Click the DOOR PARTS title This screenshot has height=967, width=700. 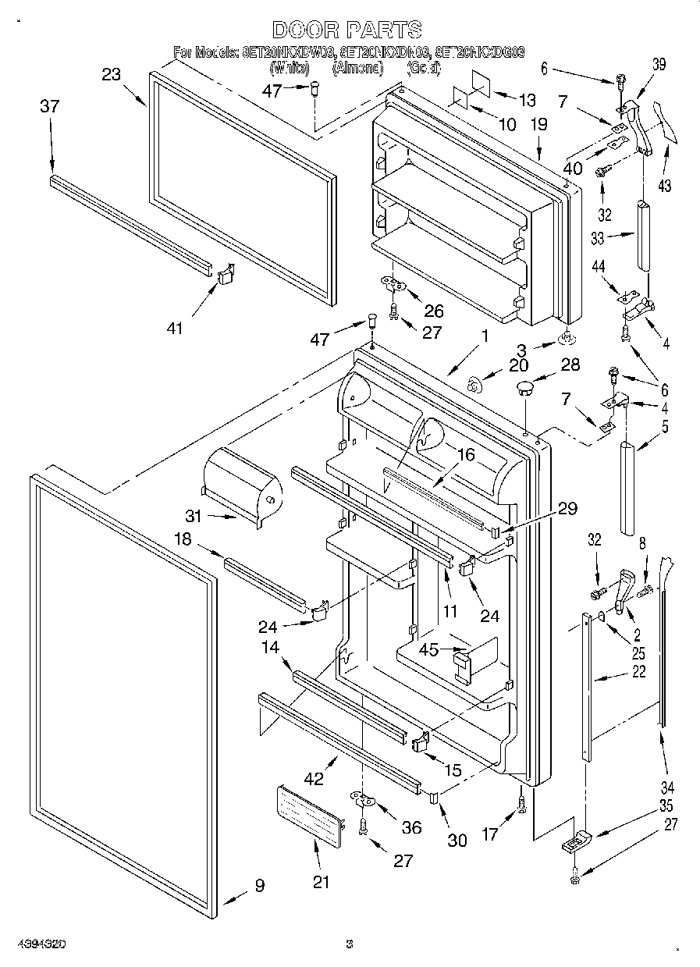(x=346, y=30)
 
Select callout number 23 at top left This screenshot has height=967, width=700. (x=112, y=75)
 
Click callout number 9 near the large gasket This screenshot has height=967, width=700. (x=258, y=886)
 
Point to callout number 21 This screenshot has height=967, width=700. (x=321, y=882)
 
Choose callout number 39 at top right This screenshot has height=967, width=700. (x=659, y=66)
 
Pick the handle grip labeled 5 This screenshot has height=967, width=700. (x=628, y=489)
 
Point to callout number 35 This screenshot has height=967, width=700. (x=665, y=805)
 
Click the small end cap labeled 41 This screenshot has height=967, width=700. (x=225, y=275)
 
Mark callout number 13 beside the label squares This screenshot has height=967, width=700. (x=528, y=99)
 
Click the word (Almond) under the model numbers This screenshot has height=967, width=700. (x=358, y=69)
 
